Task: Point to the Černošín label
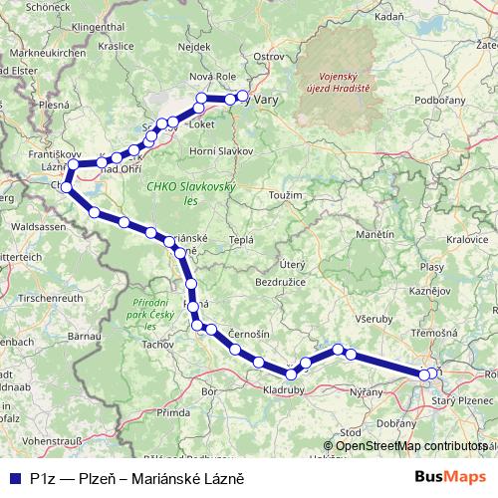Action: [x=248, y=333]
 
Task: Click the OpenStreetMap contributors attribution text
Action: [x=409, y=445]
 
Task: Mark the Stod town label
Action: [x=351, y=432]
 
